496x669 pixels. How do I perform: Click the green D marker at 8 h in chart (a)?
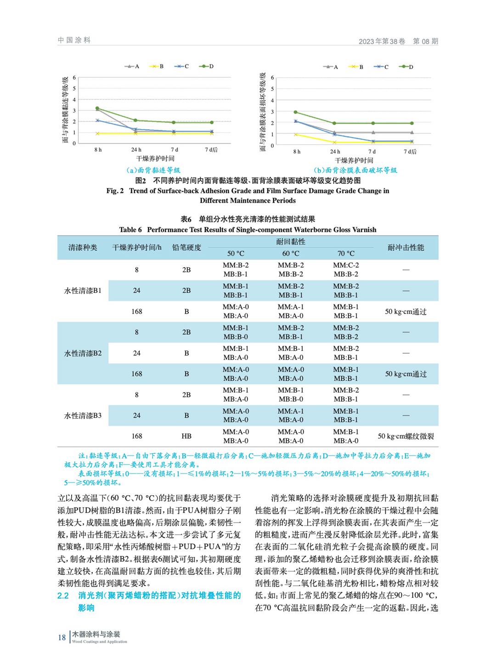coord(97,109)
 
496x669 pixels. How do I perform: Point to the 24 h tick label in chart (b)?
coord(335,151)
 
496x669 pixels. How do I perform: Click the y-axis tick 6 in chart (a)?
coord(74,78)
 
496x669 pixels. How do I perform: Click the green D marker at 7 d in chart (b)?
coord(372,123)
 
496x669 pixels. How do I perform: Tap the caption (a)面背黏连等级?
coord(153,170)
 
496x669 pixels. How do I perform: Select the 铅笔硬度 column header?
coord(186,247)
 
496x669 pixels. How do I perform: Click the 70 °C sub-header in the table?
coord(346,253)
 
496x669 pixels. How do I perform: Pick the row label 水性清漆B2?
coord(83,353)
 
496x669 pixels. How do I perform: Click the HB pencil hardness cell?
coord(186,436)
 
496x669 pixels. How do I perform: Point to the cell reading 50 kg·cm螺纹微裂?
coord(406,436)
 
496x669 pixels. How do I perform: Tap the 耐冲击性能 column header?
coord(406,247)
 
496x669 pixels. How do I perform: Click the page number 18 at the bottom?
coord(62,637)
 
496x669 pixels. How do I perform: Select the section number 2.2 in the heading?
coord(63,595)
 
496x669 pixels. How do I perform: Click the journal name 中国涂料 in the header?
coord(74,40)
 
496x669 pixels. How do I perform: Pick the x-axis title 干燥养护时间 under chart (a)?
coord(155,159)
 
